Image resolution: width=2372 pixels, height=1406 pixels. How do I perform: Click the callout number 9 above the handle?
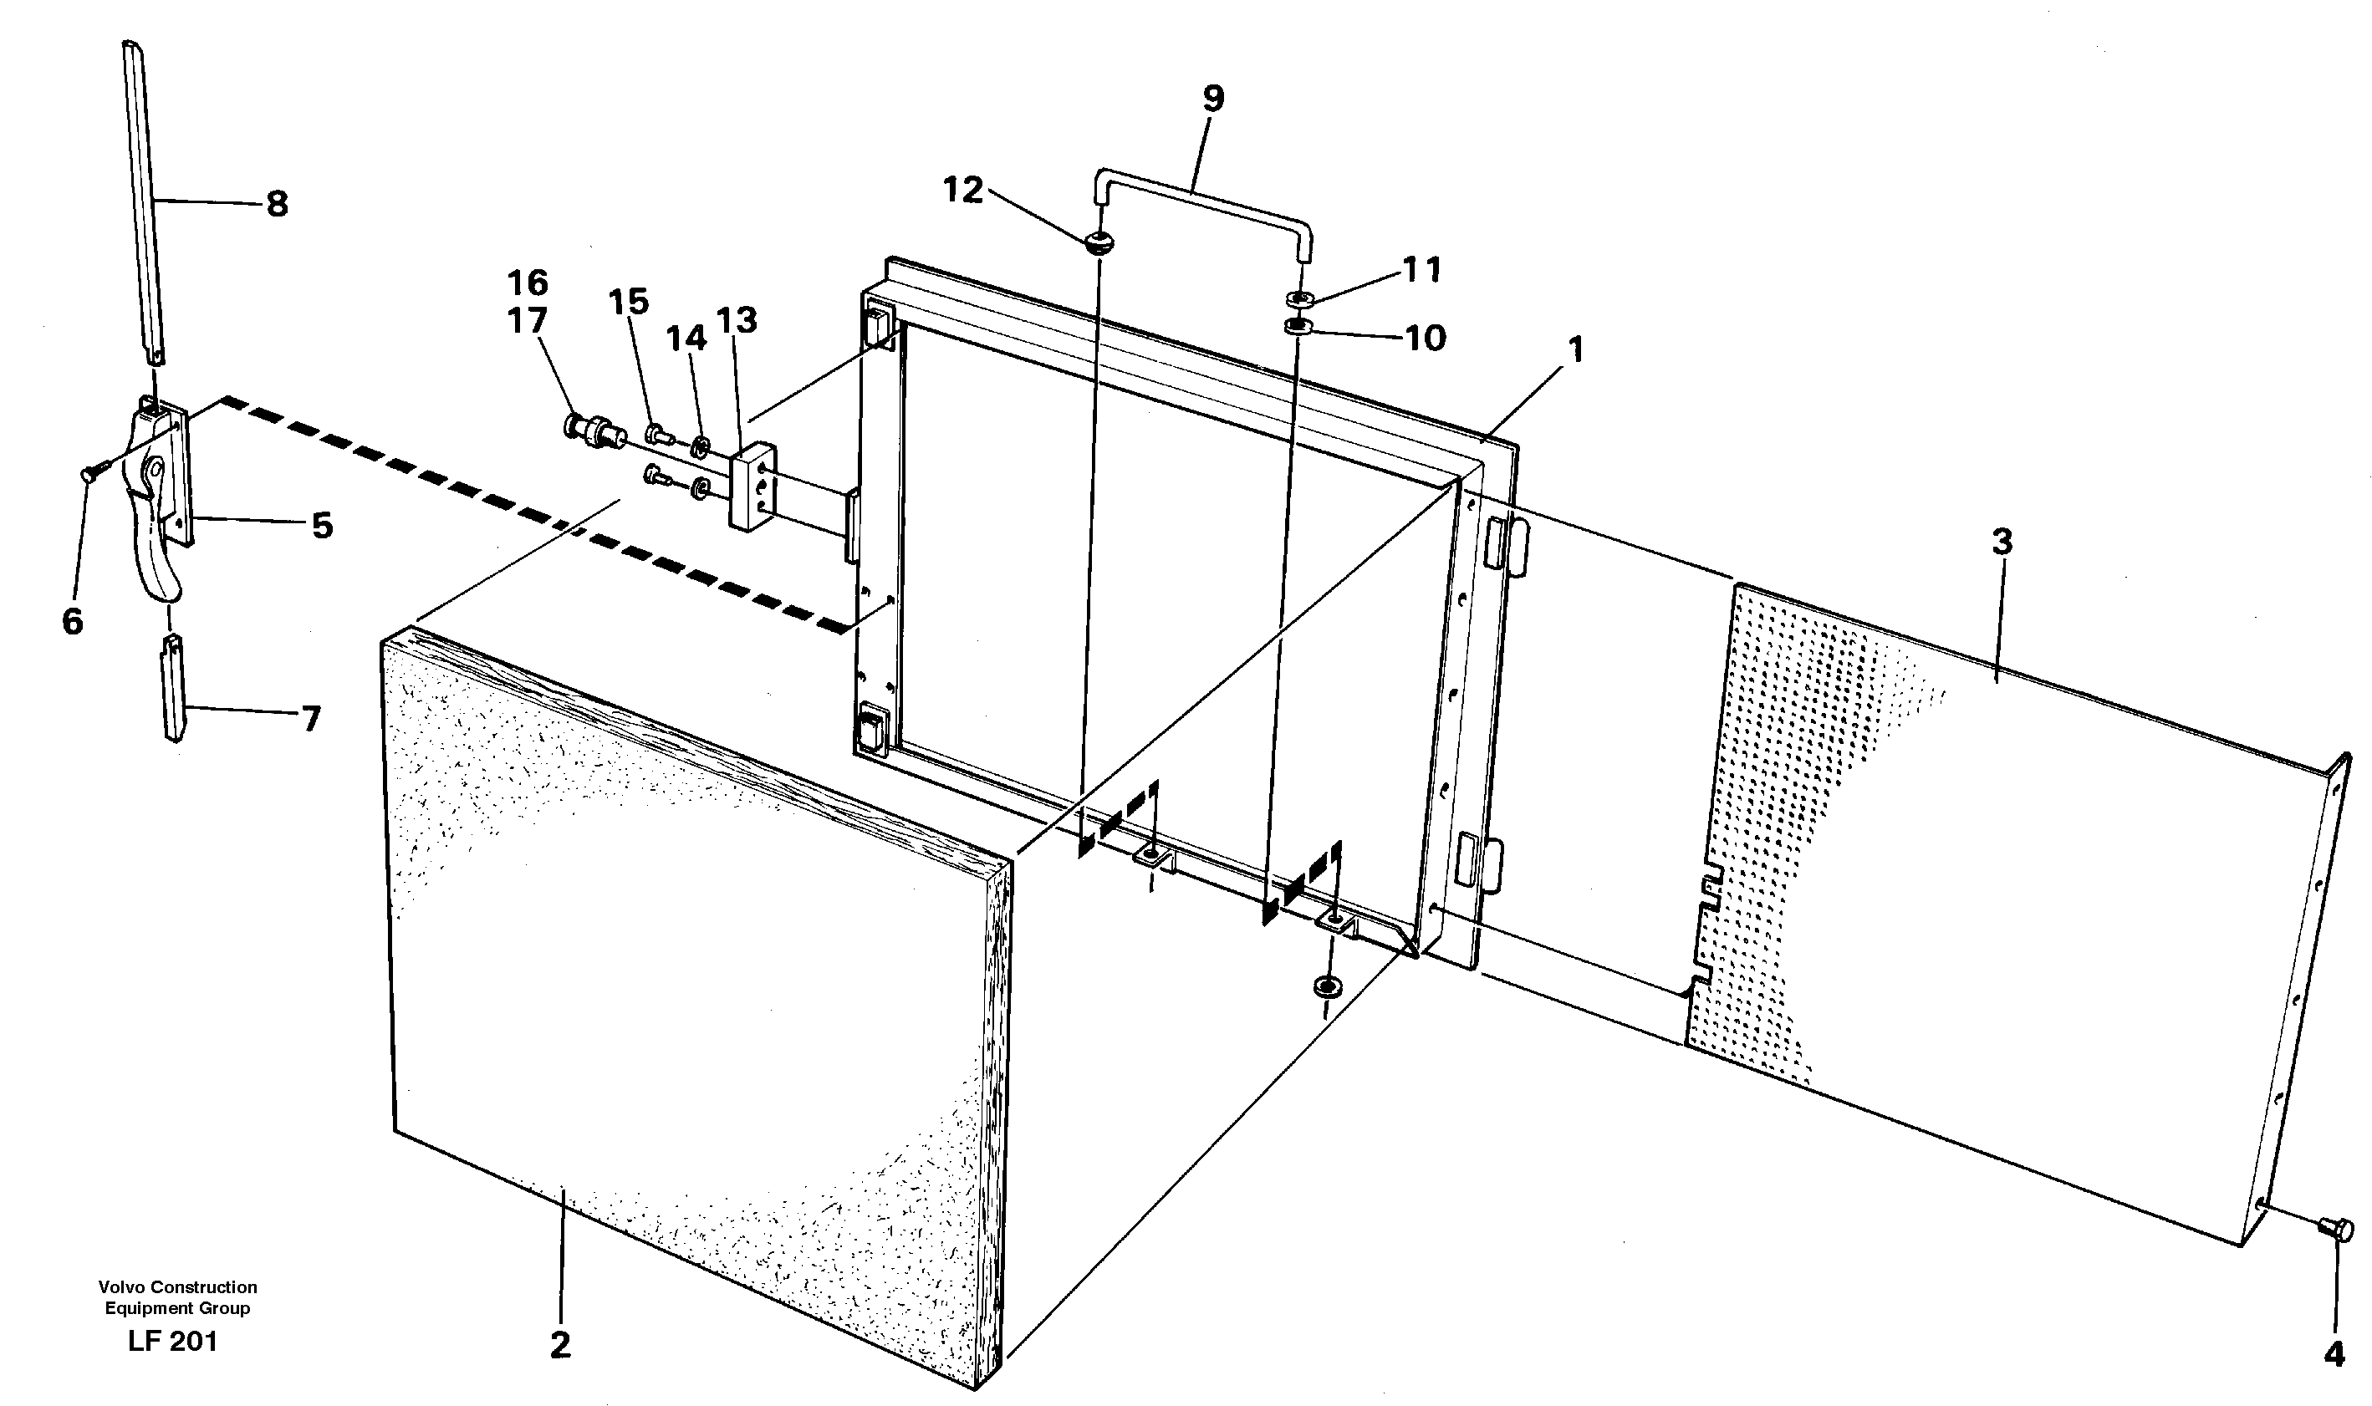pyautogui.click(x=1213, y=99)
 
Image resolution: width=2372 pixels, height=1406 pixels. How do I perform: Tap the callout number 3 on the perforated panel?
pyautogui.click(x=2001, y=543)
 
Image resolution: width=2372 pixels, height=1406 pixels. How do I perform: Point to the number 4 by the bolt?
pyautogui.click(x=2334, y=1354)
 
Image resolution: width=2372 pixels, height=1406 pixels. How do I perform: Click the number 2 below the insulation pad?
pyautogui.click(x=560, y=1345)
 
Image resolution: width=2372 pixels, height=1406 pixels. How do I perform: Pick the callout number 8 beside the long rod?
pyautogui.click(x=277, y=204)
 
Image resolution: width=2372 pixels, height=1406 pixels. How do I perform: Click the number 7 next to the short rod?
pyautogui.click(x=311, y=719)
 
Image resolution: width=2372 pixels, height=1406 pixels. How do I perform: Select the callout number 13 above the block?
pyautogui.click(x=737, y=320)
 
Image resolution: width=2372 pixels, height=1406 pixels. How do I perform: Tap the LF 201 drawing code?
pyautogui.click(x=172, y=1342)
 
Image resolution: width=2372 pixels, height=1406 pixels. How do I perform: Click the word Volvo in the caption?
pyautogui.click(x=120, y=1286)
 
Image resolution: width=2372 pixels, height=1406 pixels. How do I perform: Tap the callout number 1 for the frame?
pyautogui.click(x=1575, y=350)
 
